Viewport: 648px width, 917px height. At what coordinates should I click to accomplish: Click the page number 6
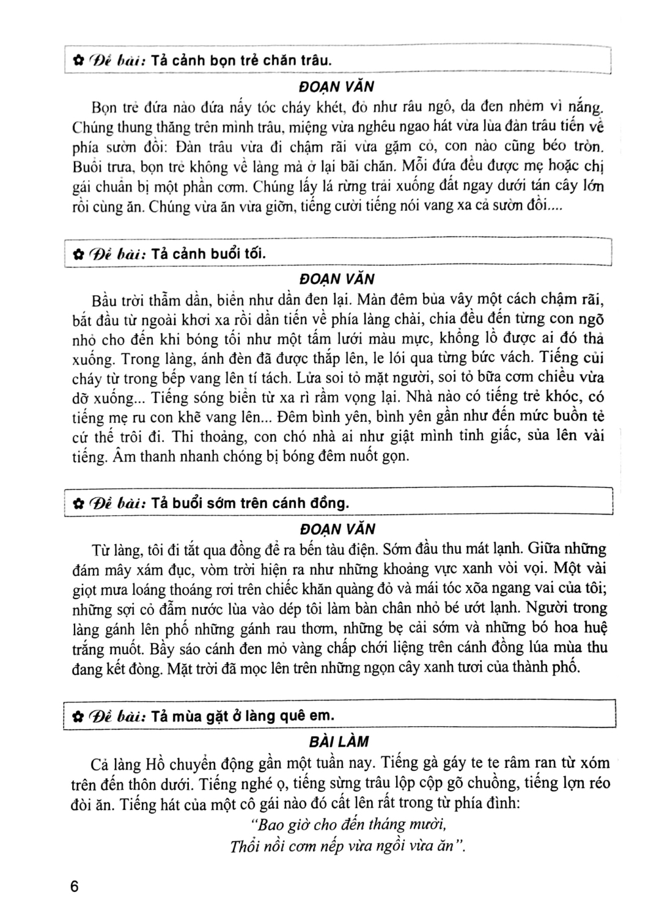(75, 886)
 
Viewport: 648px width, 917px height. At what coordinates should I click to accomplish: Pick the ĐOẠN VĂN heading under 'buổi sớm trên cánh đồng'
(339, 528)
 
